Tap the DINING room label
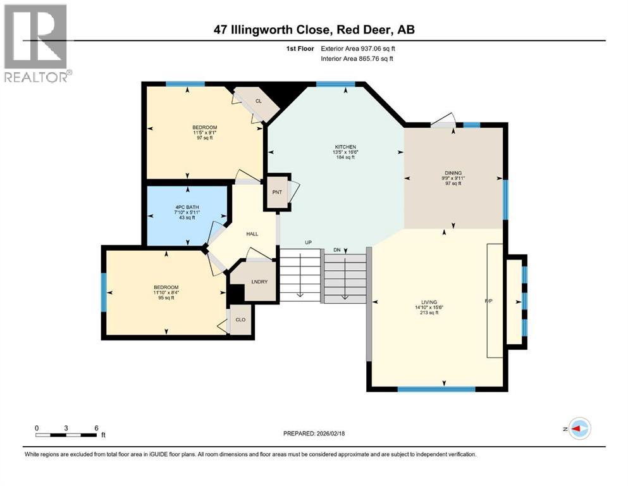(x=453, y=173)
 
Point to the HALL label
(x=252, y=234)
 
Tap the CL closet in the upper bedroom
(x=259, y=101)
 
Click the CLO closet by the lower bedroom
(x=240, y=319)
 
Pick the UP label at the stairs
(x=309, y=243)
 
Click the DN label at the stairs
(x=337, y=251)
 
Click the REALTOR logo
(x=37, y=43)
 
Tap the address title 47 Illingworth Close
(x=314, y=29)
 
